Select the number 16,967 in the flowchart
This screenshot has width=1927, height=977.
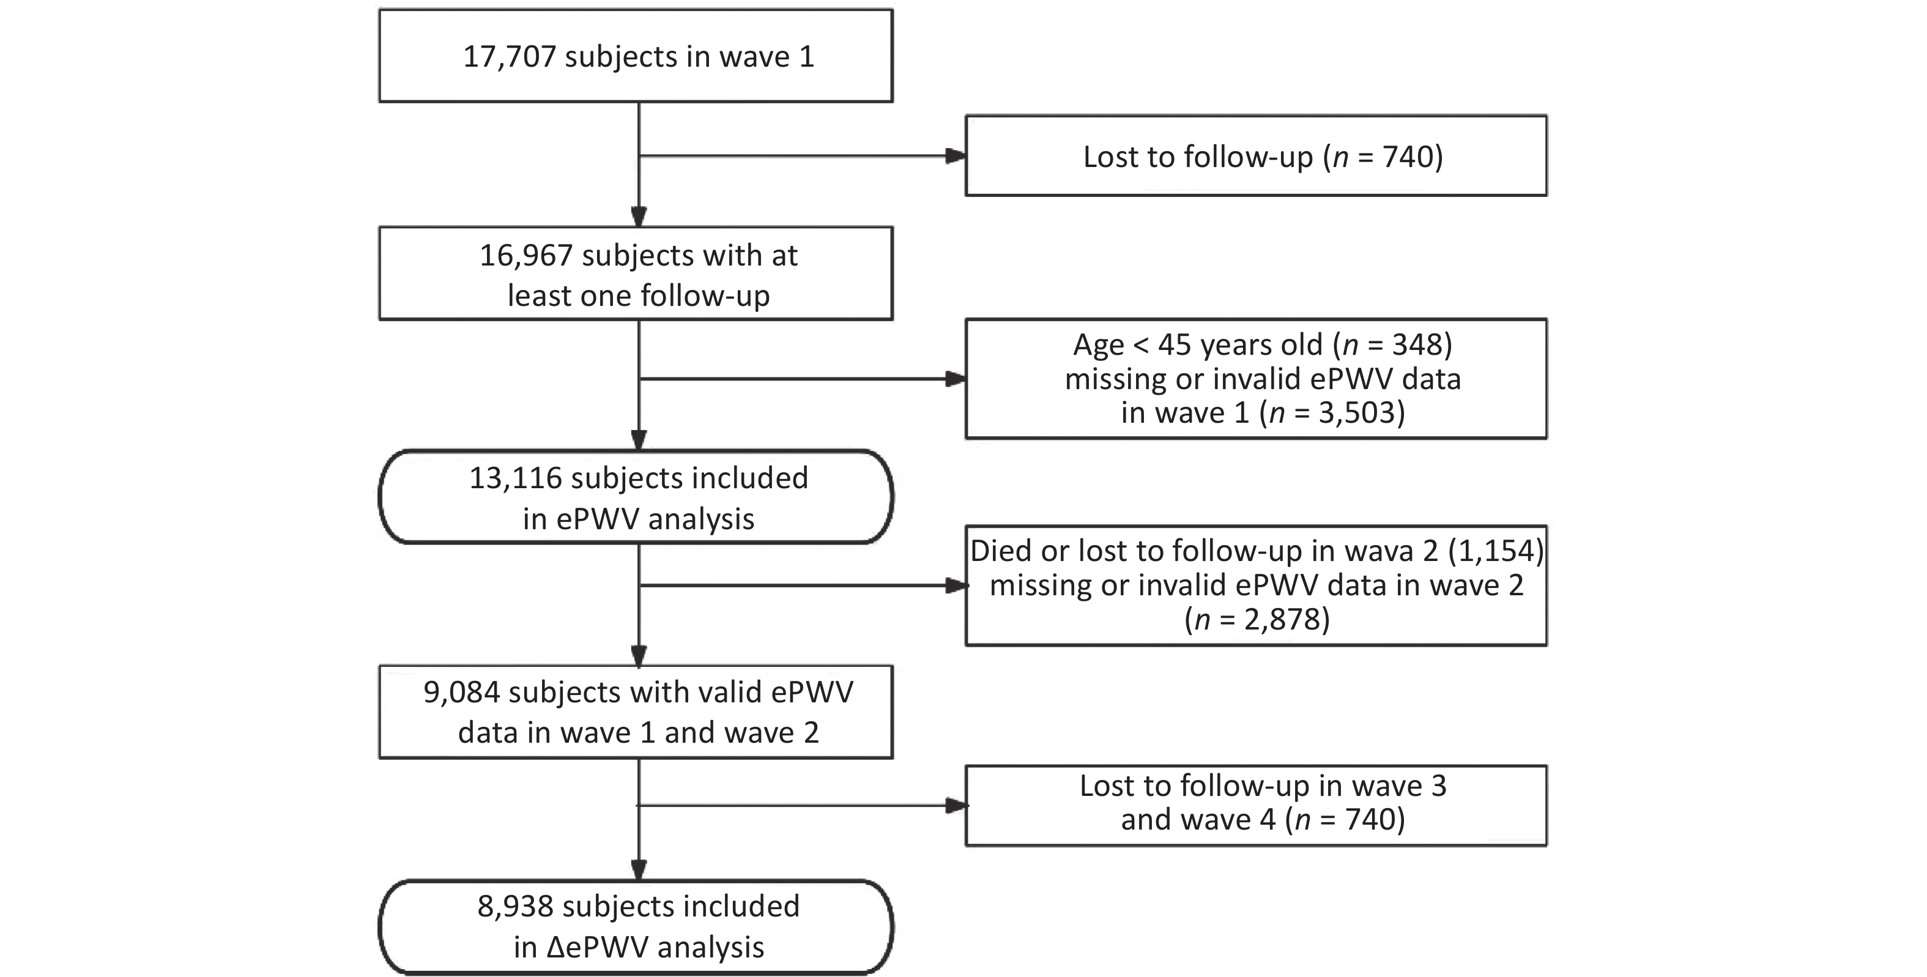(526, 256)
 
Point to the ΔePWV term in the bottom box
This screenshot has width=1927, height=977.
(598, 948)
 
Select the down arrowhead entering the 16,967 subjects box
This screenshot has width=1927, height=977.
(639, 216)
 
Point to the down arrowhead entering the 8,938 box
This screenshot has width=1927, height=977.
(639, 870)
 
